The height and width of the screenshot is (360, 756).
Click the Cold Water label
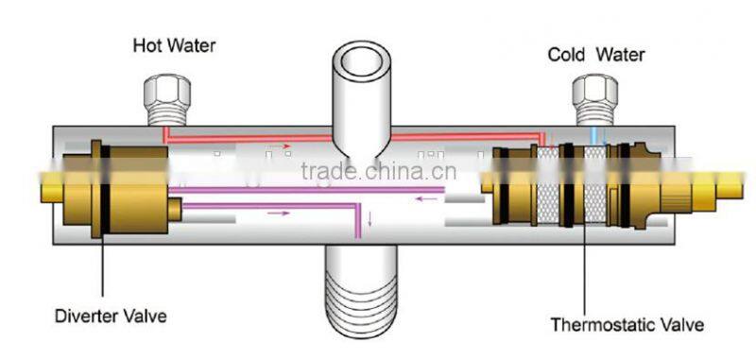596,55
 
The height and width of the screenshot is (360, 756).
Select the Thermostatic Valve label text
627,325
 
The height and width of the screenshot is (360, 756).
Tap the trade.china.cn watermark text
377,172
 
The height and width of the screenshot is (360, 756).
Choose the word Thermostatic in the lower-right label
606,325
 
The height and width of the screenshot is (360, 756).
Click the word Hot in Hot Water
145,44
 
